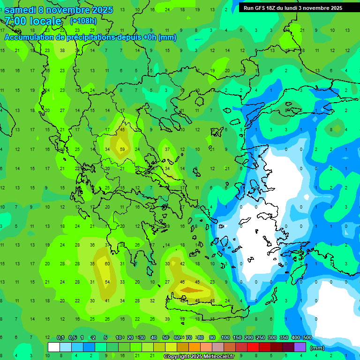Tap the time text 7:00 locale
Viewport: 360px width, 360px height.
pyautogui.click(x=33, y=21)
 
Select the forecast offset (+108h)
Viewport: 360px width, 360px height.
pyautogui.click(x=83, y=21)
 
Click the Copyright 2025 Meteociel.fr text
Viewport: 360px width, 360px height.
pyautogui.click(x=199, y=357)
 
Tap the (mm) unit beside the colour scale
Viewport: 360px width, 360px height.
pyautogui.click(x=317, y=348)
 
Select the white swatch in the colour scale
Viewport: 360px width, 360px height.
pyautogui.click(x=53, y=347)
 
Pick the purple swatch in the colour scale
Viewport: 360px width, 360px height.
pyautogui.click(x=300, y=347)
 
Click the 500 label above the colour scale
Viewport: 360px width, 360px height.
pyautogui.click(x=307, y=337)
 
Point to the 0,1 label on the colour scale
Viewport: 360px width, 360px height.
pyautogui.click(x=60, y=337)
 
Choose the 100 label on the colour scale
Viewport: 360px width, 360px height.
pyautogui.click(x=225, y=337)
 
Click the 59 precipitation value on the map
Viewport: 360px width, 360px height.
pyautogui.click(x=122, y=150)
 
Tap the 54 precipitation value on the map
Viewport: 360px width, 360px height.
pyautogui.click(x=107, y=282)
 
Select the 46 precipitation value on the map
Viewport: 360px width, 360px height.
pyautogui.click(x=182, y=282)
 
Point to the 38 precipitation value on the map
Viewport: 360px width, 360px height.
pyautogui.click(x=62, y=50)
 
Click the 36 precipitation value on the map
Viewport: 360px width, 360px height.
pyautogui.click(x=92, y=245)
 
